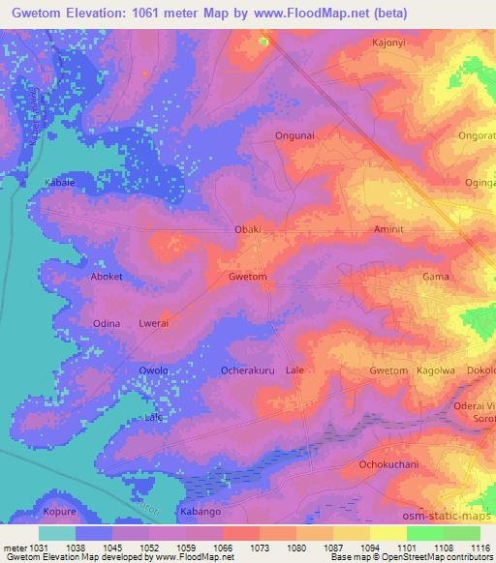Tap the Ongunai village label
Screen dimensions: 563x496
(x=294, y=136)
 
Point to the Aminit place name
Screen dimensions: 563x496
(x=392, y=229)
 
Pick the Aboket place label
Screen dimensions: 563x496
(x=107, y=277)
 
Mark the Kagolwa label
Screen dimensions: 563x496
(x=435, y=370)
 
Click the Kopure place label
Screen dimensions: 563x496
(x=60, y=511)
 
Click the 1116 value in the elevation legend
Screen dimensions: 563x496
(x=479, y=548)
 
